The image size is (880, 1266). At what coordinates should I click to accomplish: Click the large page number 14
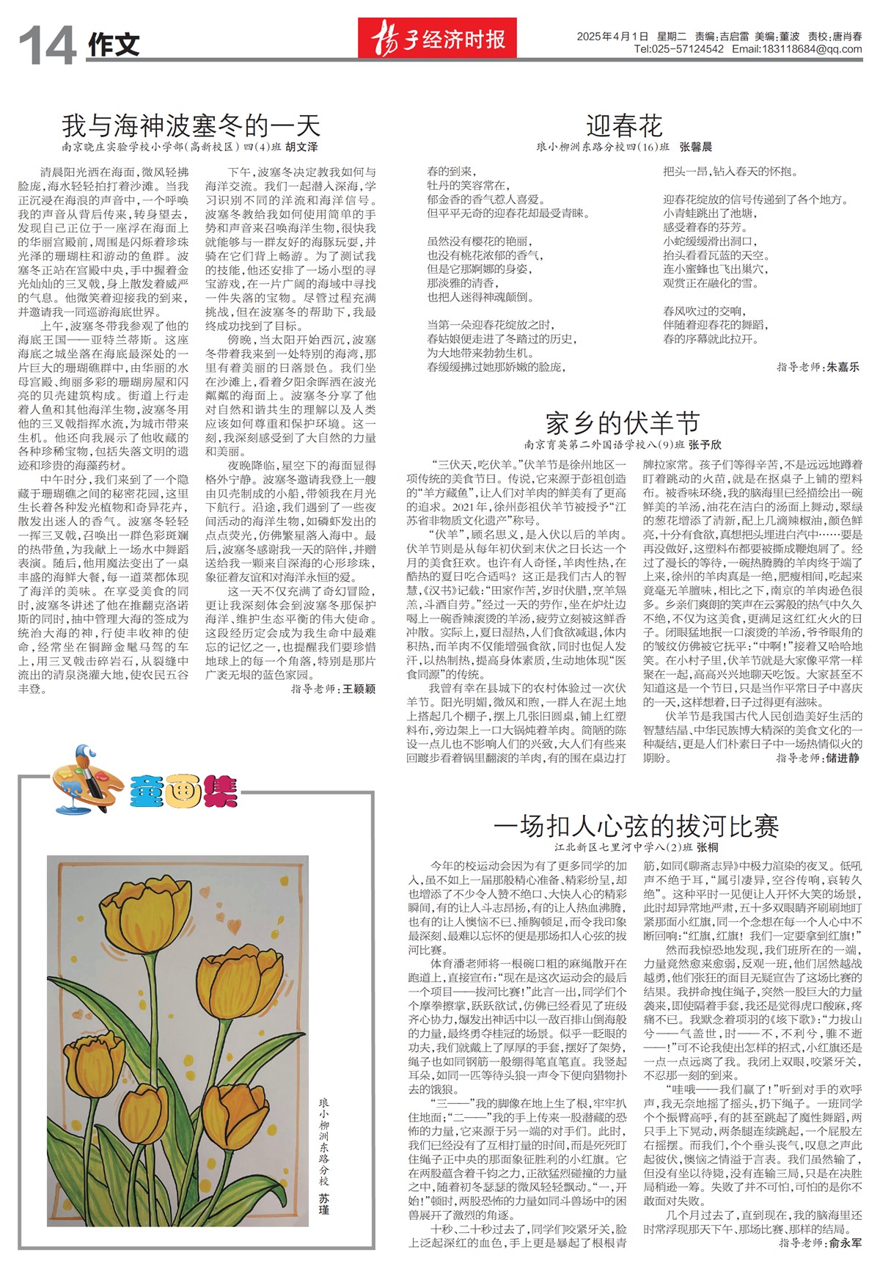coord(47,45)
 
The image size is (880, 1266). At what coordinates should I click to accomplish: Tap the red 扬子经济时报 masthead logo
coord(438,38)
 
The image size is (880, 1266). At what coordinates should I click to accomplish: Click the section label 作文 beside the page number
coord(114,45)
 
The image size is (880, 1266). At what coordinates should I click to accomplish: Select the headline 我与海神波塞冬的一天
coord(191,125)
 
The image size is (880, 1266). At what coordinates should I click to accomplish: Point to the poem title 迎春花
coord(624,126)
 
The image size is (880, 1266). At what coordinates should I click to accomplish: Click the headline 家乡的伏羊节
coord(623,423)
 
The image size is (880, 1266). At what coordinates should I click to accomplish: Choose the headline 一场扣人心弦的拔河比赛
coord(636,827)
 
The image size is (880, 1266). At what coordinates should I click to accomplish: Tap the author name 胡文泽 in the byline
coord(301,147)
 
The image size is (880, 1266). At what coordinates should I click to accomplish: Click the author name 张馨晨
coord(696,147)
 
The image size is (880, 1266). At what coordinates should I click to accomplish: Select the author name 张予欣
coord(705,444)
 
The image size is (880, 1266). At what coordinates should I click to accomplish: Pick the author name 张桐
coord(707,847)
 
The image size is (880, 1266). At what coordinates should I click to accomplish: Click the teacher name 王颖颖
coord(359,689)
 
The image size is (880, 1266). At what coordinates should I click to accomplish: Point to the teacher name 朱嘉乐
coord(843,367)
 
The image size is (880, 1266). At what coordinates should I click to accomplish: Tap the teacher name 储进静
coord(843,758)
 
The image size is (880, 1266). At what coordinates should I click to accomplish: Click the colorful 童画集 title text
coord(184,792)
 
